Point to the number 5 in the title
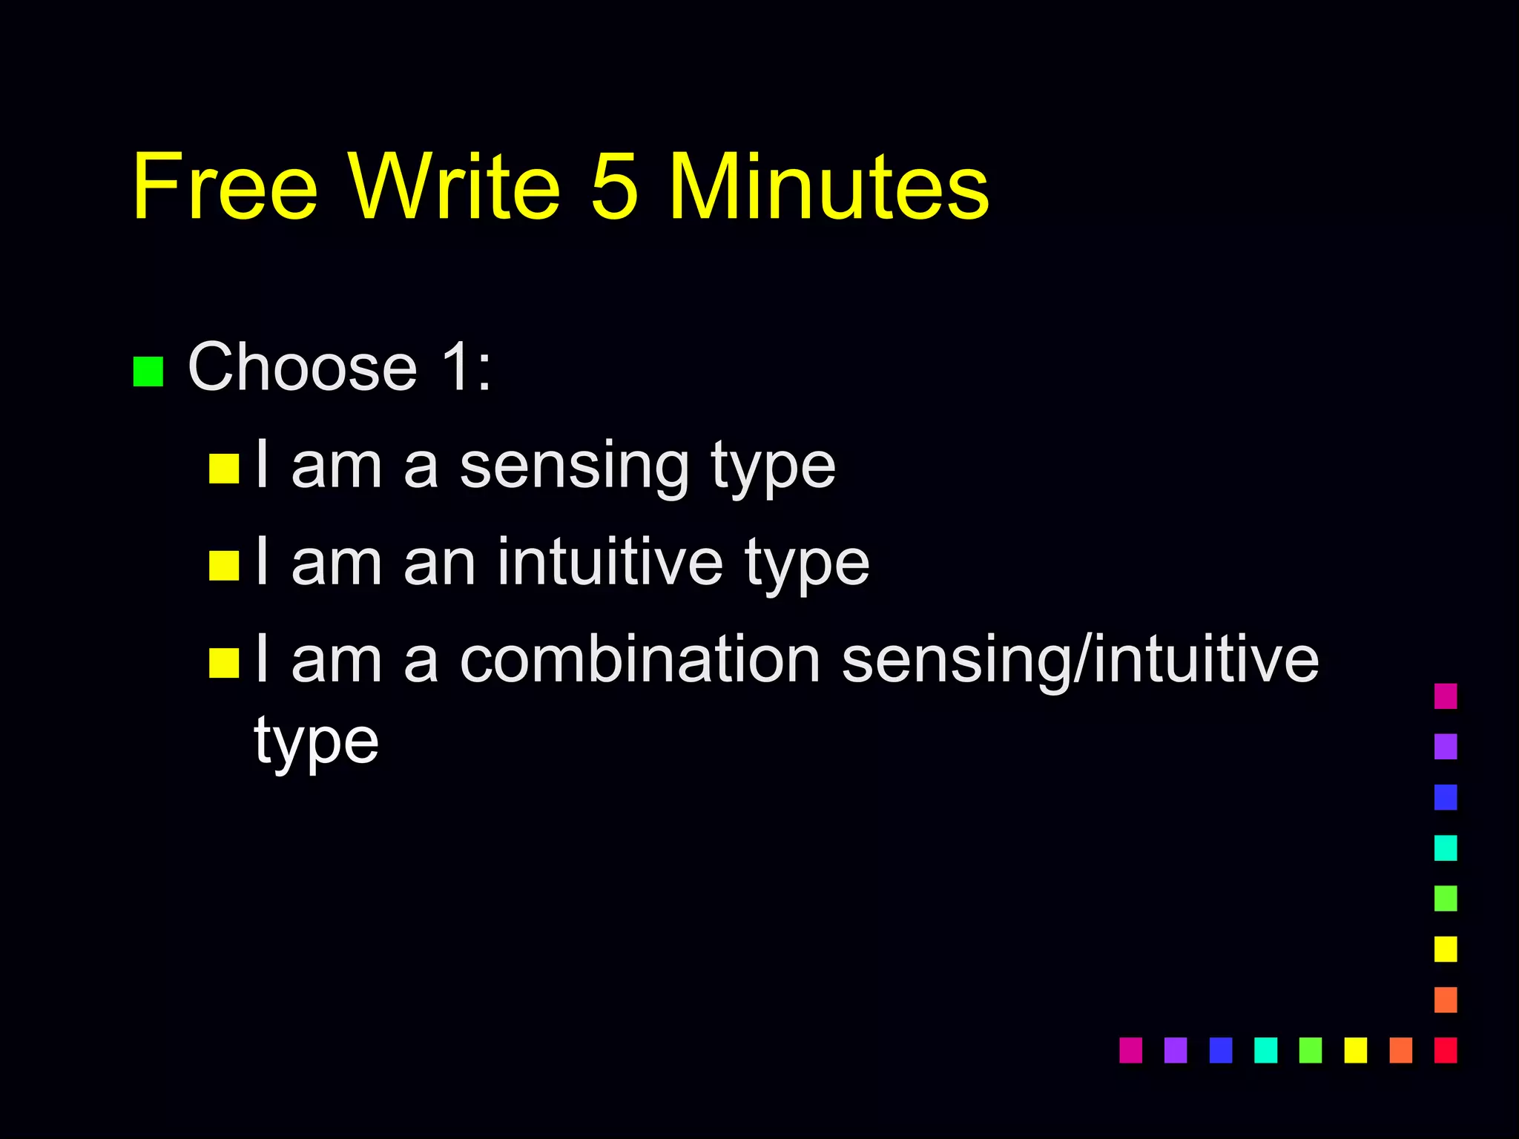pyautogui.click(x=614, y=187)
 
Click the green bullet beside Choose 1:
pyautogui.click(x=148, y=372)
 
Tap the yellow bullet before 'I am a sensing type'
pyautogui.click(x=224, y=469)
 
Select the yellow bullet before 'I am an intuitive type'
pyautogui.click(x=224, y=565)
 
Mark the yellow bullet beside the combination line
pyautogui.click(x=224, y=663)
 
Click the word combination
pyautogui.click(x=640, y=659)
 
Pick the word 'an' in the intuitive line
pyautogui.click(x=439, y=563)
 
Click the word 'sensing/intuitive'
pyautogui.click(x=1080, y=659)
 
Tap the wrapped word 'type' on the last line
pyautogui.click(x=316, y=741)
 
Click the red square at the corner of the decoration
pyautogui.click(x=1446, y=1050)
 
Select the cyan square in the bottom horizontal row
pyautogui.click(x=1265, y=1050)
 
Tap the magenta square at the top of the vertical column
pyautogui.click(x=1446, y=696)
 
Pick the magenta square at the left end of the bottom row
pyautogui.click(x=1130, y=1050)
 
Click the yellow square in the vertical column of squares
pyautogui.click(x=1446, y=949)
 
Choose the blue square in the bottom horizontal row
pyautogui.click(x=1220, y=1050)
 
